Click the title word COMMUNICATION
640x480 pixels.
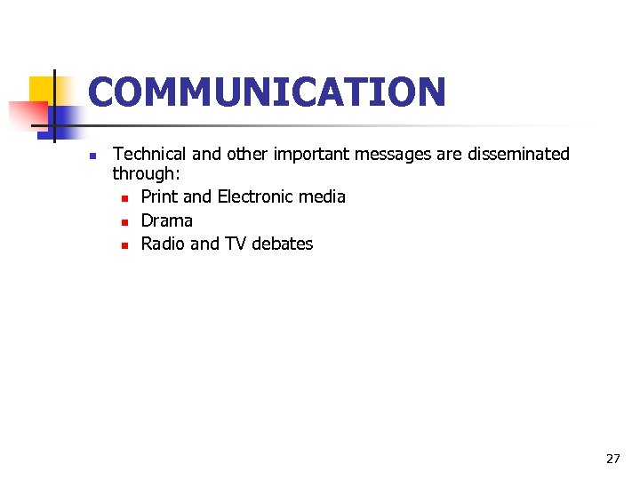pyautogui.click(x=267, y=92)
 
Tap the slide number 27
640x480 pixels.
pyautogui.click(x=612, y=459)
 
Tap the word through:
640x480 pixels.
pyautogui.click(x=146, y=175)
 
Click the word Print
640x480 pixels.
pyautogui.click(x=159, y=196)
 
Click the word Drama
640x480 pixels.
pyautogui.click(x=167, y=220)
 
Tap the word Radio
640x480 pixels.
pyautogui.click(x=163, y=244)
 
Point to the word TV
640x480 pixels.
pyautogui.click(x=236, y=244)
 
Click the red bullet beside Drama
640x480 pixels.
pyautogui.click(x=125, y=221)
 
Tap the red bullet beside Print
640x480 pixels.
pyautogui.click(x=125, y=197)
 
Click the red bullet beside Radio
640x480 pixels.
pyautogui.click(x=125, y=244)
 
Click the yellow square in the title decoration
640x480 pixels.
pyautogui.click(x=41, y=89)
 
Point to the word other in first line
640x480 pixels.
pyautogui.click(x=248, y=155)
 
